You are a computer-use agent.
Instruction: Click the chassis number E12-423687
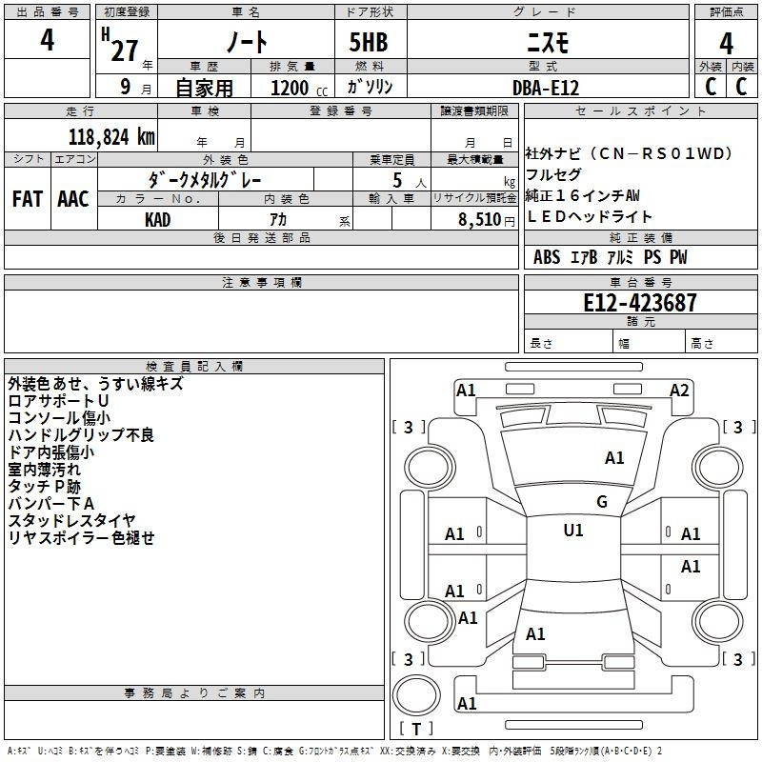point(639,303)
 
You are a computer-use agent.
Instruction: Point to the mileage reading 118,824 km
point(111,136)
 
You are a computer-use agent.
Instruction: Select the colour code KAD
point(158,219)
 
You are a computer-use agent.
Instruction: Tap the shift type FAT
point(28,199)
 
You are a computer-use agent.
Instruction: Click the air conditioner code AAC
point(73,199)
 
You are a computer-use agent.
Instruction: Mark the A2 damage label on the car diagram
point(679,390)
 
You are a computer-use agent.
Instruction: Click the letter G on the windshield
point(602,502)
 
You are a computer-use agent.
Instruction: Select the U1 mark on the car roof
point(573,531)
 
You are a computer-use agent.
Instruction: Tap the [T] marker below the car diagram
point(416,730)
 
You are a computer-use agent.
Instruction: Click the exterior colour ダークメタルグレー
point(205,179)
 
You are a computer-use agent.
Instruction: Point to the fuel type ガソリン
point(370,88)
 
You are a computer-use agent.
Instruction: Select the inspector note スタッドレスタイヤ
point(71,521)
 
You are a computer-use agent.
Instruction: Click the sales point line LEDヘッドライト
point(590,217)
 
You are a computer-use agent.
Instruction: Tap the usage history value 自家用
point(204,88)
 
